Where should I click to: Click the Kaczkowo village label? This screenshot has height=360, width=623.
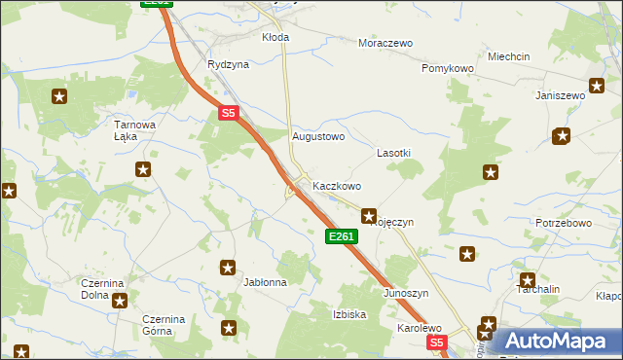pyautogui.click(x=337, y=186)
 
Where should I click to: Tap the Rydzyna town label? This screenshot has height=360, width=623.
pyautogui.click(x=228, y=64)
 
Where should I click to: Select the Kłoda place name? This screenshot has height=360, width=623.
pyautogui.click(x=275, y=37)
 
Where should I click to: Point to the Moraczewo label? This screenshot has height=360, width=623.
pyautogui.click(x=385, y=44)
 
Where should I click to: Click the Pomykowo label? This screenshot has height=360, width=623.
pyautogui.click(x=447, y=69)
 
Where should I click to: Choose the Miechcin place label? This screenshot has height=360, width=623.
pyautogui.click(x=509, y=57)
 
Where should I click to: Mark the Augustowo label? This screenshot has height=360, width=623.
pyautogui.click(x=319, y=137)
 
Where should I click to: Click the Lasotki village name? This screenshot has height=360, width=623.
pyautogui.click(x=394, y=154)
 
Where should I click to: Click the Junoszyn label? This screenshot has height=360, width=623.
pyautogui.click(x=406, y=293)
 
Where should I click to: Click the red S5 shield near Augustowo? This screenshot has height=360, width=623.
pyautogui.click(x=228, y=113)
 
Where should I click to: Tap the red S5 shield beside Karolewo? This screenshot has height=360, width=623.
pyautogui.click(x=436, y=342)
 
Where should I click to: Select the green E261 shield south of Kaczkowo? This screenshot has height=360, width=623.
pyautogui.click(x=342, y=236)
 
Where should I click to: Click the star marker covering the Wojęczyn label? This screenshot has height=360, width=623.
pyautogui.click(x=369, y=215)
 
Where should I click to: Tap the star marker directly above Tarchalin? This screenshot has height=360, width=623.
pyautogui.click(x=527, y=280)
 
